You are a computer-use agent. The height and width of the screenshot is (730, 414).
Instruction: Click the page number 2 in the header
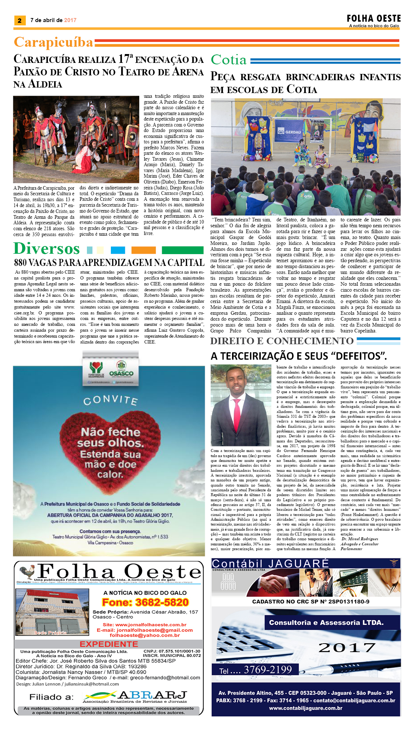[20, 21]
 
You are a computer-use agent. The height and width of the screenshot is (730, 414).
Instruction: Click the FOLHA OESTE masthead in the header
[373, 19]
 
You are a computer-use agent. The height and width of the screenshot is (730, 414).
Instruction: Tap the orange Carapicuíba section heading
[53, 42]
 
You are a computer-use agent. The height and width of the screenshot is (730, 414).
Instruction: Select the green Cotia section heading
[228, 60]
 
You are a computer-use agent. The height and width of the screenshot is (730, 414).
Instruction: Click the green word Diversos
[46, 249]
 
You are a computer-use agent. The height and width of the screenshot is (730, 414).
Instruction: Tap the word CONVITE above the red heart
[110, 400]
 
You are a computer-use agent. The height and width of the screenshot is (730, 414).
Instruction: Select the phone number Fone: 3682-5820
[145, 602]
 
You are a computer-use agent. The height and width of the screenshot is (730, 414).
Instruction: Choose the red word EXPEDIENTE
[109, 644]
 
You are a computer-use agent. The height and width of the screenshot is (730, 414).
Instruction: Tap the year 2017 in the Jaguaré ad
[347, 648]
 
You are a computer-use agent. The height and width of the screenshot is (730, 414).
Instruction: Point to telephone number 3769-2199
[267, 670]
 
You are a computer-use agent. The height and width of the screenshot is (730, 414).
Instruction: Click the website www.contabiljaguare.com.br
[305, 708]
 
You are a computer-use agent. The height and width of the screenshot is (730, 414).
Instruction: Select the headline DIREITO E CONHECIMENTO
[282, 341]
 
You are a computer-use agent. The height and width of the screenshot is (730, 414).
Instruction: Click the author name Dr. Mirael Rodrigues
[359, 539]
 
